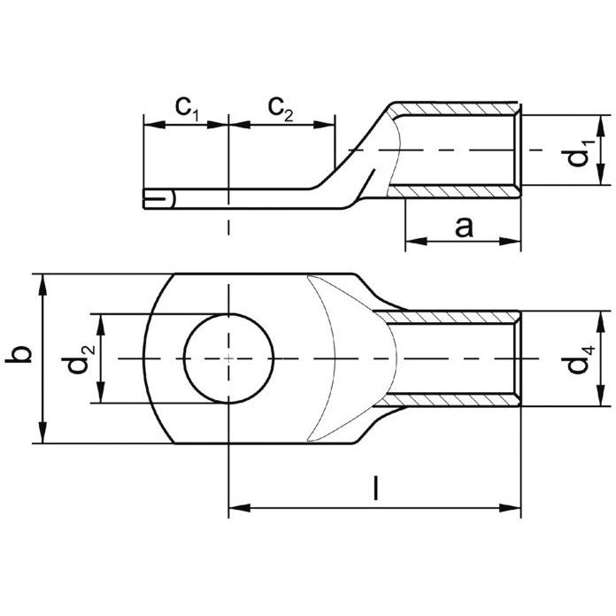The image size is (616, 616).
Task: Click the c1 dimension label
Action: (188, 109)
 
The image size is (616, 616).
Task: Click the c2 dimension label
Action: (281, 109)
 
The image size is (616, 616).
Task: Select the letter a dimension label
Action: (465, 227)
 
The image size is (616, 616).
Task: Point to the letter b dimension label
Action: (19, 354)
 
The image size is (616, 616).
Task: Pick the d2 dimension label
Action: (78, 358)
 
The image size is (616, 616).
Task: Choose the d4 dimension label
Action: (581, 359)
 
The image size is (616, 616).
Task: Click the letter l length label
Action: (376, 488)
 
